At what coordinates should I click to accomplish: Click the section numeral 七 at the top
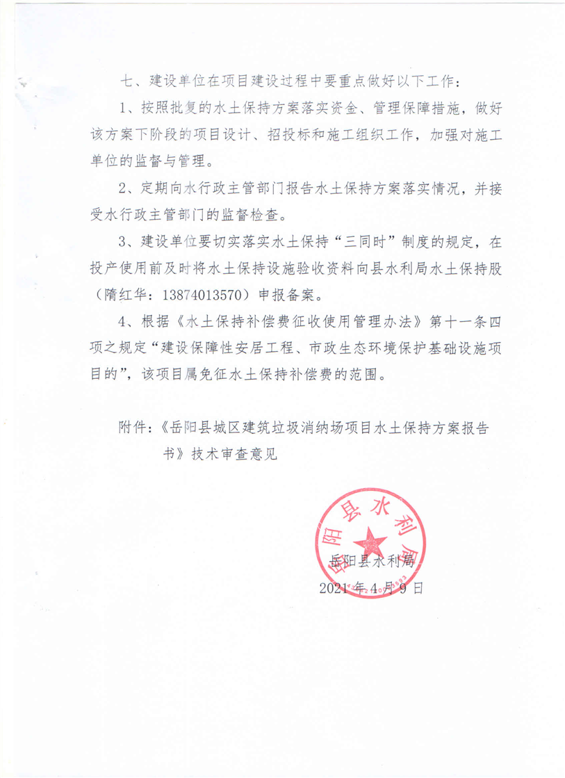(x=126, y=81)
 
